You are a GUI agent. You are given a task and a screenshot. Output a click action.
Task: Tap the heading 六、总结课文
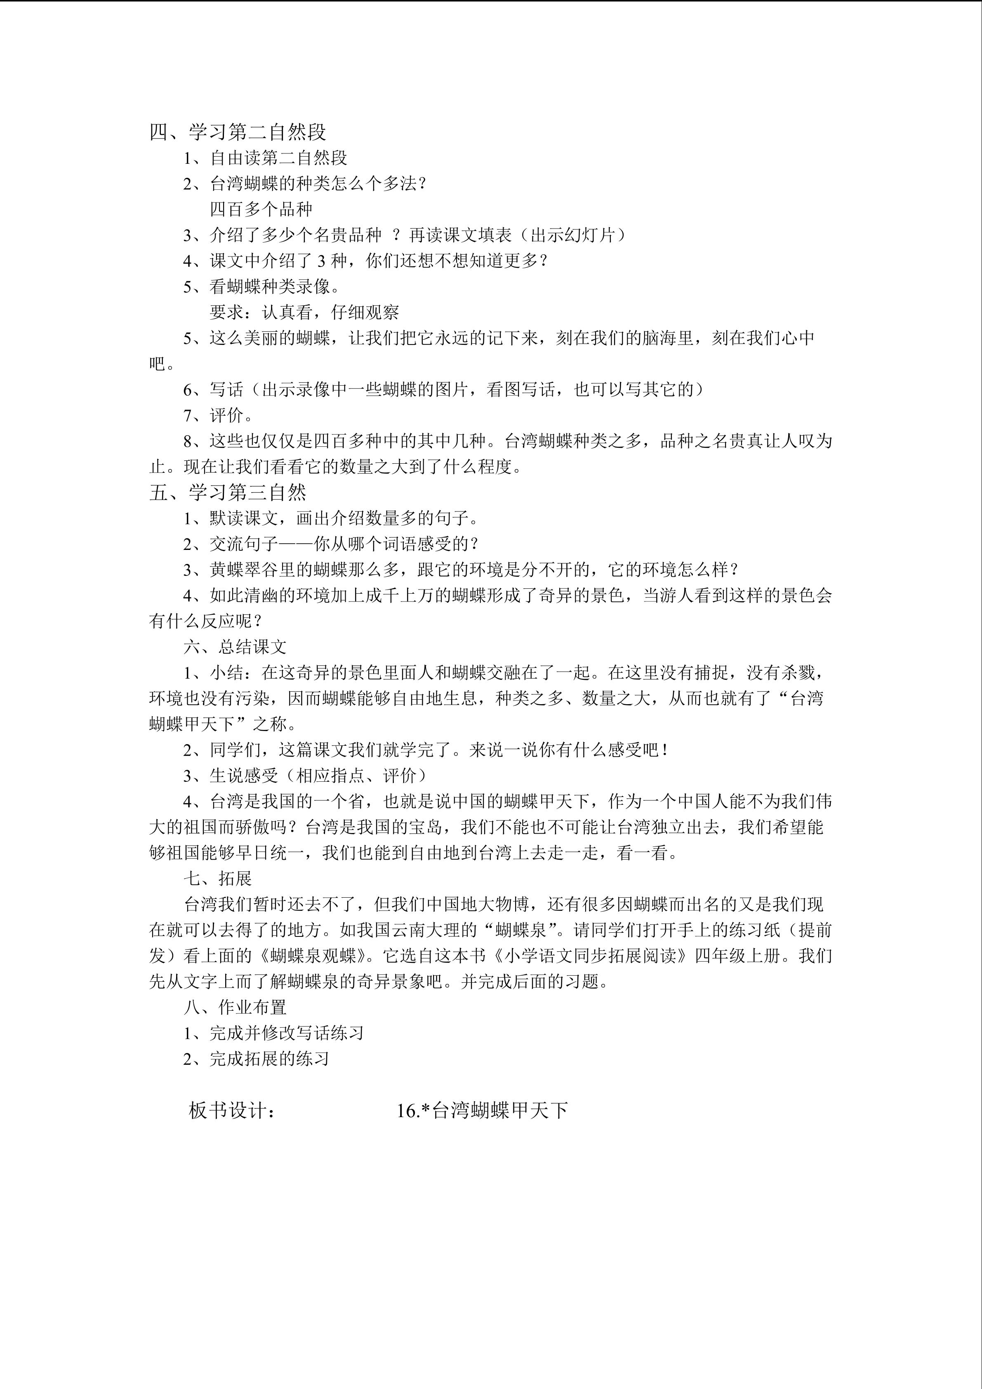pos(235,647)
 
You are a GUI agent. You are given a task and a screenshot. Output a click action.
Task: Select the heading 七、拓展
pos(218,878)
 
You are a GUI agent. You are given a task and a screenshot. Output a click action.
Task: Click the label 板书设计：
pos(233,1110)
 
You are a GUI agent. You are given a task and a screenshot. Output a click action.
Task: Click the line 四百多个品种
pos(261,209)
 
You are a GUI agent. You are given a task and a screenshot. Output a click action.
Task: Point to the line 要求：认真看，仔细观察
pos(304,312)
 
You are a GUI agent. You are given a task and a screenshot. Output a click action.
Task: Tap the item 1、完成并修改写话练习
pos(273,1033)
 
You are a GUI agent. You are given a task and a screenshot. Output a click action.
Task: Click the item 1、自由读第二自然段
pos(266,158)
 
